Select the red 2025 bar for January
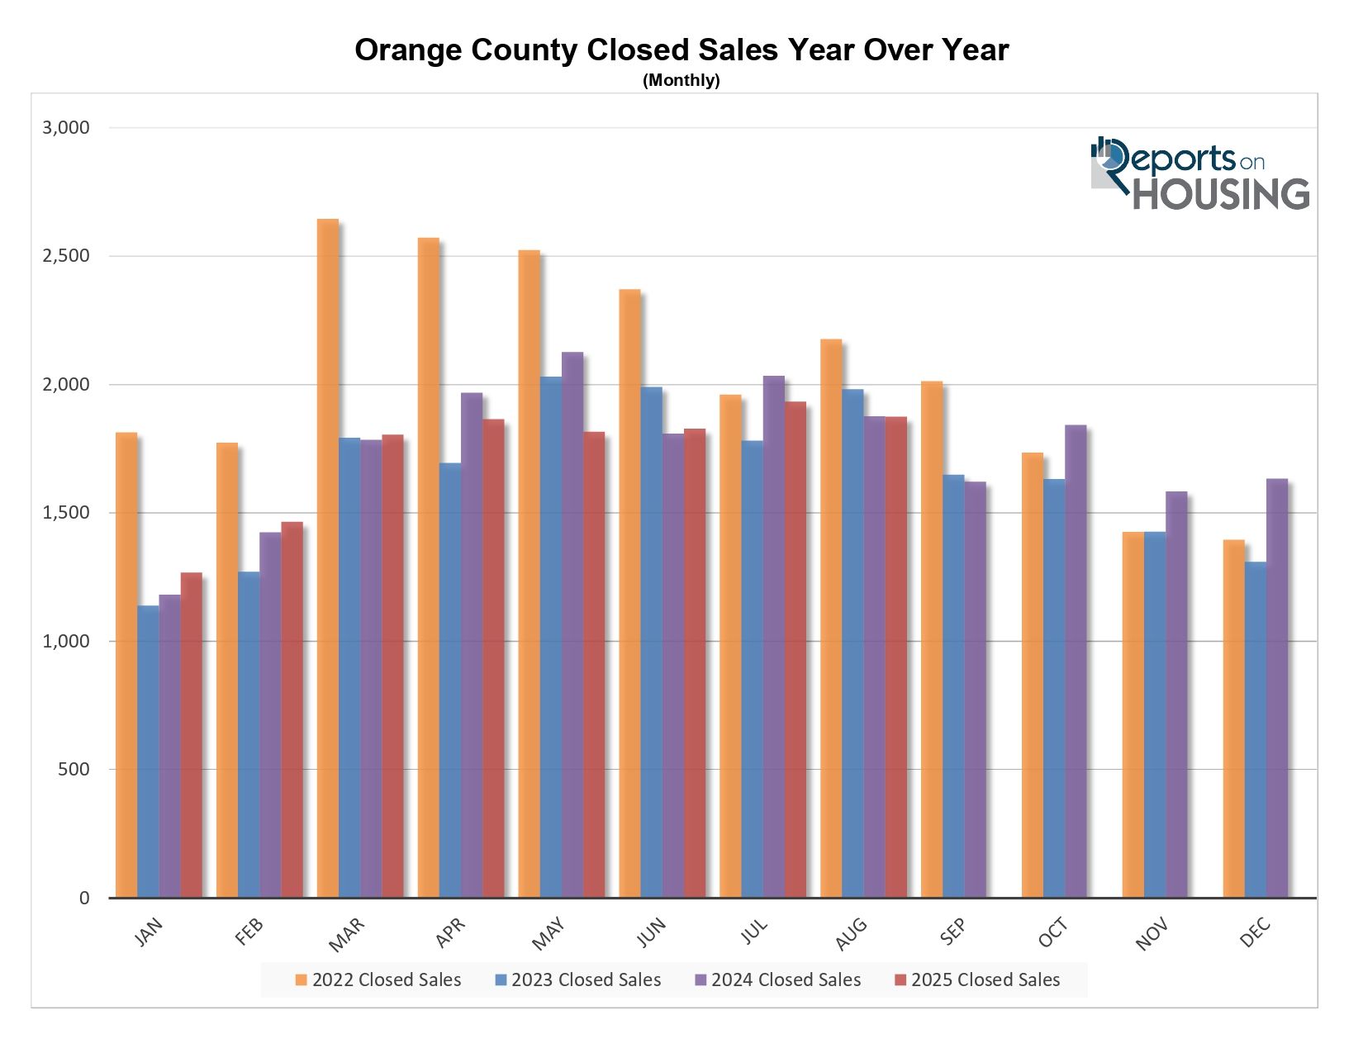[191, 735]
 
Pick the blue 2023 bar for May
[550, 637]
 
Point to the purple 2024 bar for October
[1075, 661]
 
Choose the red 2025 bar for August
[895, 657]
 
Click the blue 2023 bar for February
[249, 734]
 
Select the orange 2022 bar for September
[931, 639]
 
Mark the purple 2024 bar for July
[773, 637]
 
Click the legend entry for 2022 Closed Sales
[378, 980]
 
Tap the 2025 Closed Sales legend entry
[977, 980]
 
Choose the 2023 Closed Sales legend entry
[578, 980]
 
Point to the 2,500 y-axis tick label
[65, 256]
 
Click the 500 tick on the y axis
[73, 770]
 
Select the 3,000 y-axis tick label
[65, 128]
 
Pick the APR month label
[450, 933]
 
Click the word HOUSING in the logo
[1220, 194]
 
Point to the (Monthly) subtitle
[681, 80]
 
